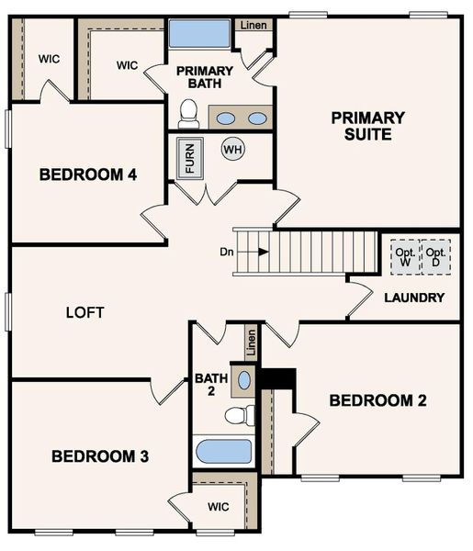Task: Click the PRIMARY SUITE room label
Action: [368, 126]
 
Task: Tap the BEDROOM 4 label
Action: [88, 174]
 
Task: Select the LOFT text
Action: [85, 312]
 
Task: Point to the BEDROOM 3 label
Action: [100, 455]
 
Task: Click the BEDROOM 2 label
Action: [378, 400]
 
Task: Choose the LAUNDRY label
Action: [414, 298]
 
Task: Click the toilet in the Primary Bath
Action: [189, 114]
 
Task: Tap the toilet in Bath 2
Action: [239, 415]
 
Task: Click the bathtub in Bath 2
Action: [223, 452]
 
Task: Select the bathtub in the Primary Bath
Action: [198, 34]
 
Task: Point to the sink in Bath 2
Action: [244, 379]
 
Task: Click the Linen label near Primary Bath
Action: [254, 25]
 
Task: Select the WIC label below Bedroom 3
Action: [218, 506]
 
